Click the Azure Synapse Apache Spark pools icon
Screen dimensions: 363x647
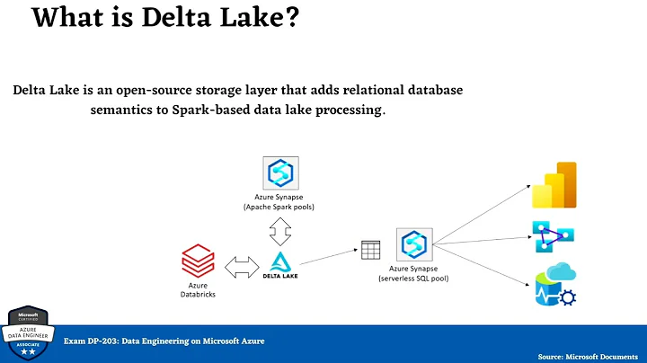point(281,172)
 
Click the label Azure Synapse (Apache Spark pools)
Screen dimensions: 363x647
point(281,200)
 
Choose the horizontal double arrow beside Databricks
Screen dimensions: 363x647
point(239,266)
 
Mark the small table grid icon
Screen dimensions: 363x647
point(370,249)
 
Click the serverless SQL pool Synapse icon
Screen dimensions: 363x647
point(414,245)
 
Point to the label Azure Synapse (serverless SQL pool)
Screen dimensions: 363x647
point(414,274)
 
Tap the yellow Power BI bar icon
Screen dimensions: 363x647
point(554,185)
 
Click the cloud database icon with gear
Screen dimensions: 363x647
point(554,287)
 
